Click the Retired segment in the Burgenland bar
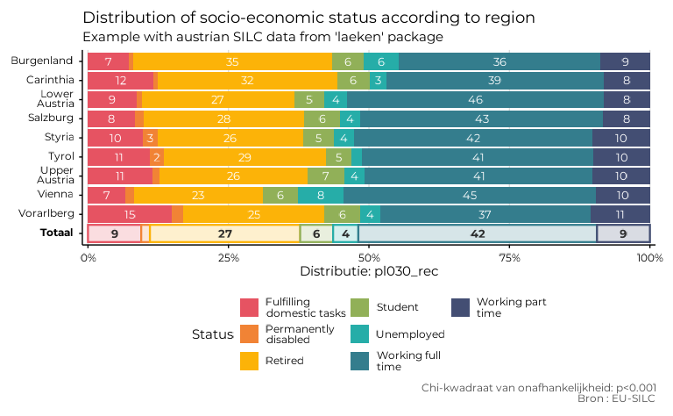click(x=232, y=61)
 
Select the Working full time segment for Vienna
click(x=470, y=195)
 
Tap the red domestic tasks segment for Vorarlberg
click(x=130, y=214)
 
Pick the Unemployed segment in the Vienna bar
click(x=321, y=195)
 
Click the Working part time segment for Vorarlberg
click(x=620, y=214)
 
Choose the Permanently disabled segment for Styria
click(x=151, y=138)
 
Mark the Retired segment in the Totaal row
click(x=224, y=233)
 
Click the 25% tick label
click(x=228, y=258)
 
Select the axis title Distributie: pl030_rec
click(x=369, y=272)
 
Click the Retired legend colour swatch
click(x=250, y=361)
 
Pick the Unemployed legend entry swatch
click(x=360, y=334)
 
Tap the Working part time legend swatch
click(x=461, y=307)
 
